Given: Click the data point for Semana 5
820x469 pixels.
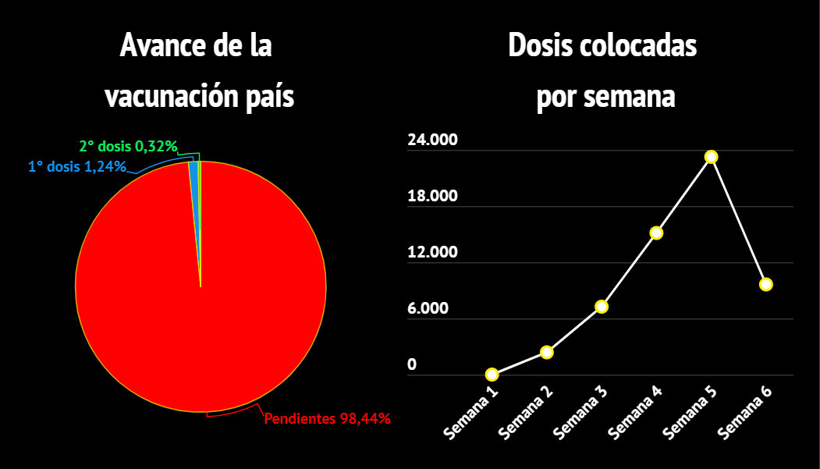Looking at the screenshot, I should click(711, 157).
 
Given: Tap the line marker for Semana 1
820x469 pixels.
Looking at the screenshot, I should click(492, 375).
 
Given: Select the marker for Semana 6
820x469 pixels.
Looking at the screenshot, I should click(766, 284).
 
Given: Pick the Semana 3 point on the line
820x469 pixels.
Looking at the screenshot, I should click(602, 307).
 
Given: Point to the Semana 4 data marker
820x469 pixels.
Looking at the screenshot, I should click(656, 233).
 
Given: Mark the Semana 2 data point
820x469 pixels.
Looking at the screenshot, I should click(547, 352).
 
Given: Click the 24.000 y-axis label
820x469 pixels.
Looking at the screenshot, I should click(432, 141).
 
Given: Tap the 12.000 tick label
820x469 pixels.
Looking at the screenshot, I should click(432, 253).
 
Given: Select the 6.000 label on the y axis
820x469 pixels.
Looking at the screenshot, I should click(428, 308).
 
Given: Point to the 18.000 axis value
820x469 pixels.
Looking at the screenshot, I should click(432, 197).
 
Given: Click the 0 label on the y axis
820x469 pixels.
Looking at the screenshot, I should click(413, 364).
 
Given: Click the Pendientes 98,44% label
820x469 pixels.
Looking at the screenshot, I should click(327, 419).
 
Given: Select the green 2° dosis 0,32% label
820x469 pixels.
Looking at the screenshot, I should click(129, 146).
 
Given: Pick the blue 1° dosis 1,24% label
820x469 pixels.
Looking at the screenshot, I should click(77, 166).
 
